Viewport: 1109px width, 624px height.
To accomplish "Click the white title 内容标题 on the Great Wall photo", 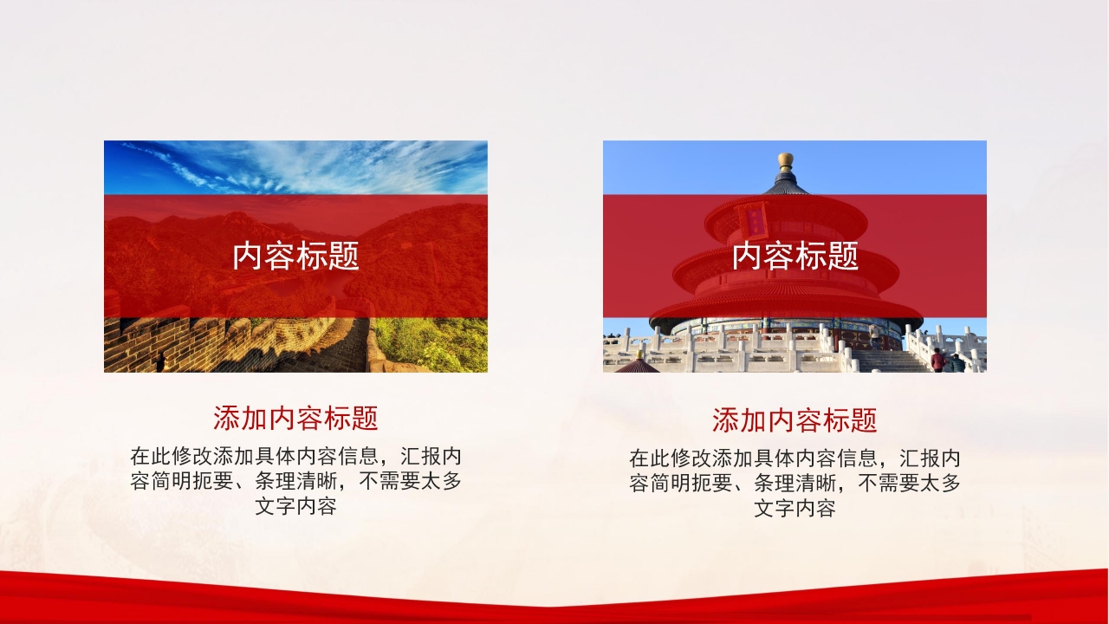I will (x=295, y=257).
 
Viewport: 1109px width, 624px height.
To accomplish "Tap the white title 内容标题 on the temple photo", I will (x=794, y=257).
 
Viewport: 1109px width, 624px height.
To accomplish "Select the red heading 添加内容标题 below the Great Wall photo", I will (x=295, y=419).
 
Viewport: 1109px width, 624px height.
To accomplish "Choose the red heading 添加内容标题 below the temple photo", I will (x=794, y=421).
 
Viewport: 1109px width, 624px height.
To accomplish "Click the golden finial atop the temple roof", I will (x=786, y=160).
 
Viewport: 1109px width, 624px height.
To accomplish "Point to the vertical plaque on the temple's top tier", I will (x=751, y=219).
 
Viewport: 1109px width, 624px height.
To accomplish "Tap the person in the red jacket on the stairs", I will (x=937, y=360).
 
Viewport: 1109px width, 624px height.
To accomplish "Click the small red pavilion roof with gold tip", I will (x=639, y=364).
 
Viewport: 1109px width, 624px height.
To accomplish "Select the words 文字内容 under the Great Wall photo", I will (x=295, y=507).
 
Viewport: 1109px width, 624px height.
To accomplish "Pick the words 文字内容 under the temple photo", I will (x=794, y=509).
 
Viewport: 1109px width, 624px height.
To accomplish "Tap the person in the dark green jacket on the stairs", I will (x=957, y=363).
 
